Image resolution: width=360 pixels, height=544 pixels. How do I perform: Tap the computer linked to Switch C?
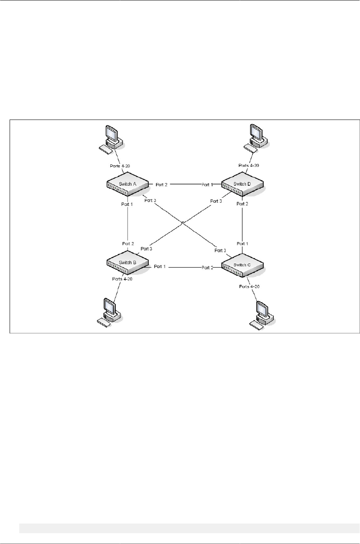coord(262,314)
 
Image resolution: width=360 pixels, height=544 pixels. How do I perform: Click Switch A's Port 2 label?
coord(162,185)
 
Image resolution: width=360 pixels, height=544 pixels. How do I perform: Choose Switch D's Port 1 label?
coord(207,185)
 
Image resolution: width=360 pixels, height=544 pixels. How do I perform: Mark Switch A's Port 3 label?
coord(150,200)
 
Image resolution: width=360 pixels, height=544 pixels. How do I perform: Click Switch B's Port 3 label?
coord(146,249)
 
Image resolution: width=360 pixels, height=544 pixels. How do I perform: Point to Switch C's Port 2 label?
coord(208,267)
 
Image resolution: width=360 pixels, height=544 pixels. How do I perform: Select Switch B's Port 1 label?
coord(160,266)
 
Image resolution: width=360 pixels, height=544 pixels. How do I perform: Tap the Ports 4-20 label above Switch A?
coord(120,166)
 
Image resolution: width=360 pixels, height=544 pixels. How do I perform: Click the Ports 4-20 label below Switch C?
coord(249,286)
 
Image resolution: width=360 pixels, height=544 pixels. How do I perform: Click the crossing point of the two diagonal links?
coord(182,222)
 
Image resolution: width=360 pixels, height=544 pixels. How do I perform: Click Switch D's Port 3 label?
coord(216,201)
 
